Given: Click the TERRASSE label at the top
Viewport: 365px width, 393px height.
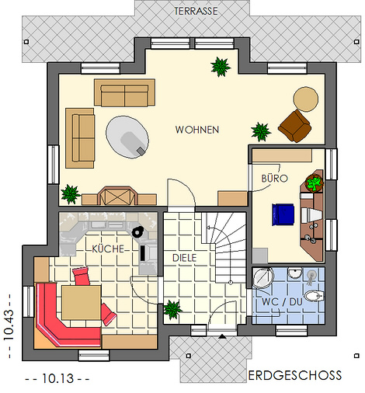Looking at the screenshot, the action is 196,11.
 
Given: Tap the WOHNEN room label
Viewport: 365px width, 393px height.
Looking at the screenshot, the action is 197,130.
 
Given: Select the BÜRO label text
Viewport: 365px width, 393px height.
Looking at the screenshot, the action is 274,178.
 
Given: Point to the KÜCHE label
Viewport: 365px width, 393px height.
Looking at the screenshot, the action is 108,249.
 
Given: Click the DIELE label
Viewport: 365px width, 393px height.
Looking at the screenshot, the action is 185,258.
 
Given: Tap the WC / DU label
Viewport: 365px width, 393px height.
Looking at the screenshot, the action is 282,302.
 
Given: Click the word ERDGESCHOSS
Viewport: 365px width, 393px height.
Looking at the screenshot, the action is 295,375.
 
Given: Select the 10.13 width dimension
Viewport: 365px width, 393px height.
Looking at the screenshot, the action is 57,378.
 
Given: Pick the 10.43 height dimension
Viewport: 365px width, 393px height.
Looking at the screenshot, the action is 9,325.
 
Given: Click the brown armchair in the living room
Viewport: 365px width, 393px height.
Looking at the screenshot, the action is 295,126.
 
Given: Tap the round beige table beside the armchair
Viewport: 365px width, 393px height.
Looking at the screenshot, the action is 306,99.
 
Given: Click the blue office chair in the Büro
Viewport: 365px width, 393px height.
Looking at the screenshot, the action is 283,214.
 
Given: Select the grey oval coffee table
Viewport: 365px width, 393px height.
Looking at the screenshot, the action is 127,137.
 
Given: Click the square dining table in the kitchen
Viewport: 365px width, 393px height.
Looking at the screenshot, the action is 82,302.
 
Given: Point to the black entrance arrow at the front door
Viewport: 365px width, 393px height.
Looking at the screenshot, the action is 222,336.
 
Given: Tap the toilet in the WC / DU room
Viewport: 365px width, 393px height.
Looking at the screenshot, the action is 314,295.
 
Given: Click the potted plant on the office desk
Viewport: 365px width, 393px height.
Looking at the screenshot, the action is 315,183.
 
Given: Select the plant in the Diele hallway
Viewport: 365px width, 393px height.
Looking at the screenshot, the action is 172,309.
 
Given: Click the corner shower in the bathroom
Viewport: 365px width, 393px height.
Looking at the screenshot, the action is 263,278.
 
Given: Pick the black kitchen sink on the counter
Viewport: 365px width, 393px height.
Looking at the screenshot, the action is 137,231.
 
